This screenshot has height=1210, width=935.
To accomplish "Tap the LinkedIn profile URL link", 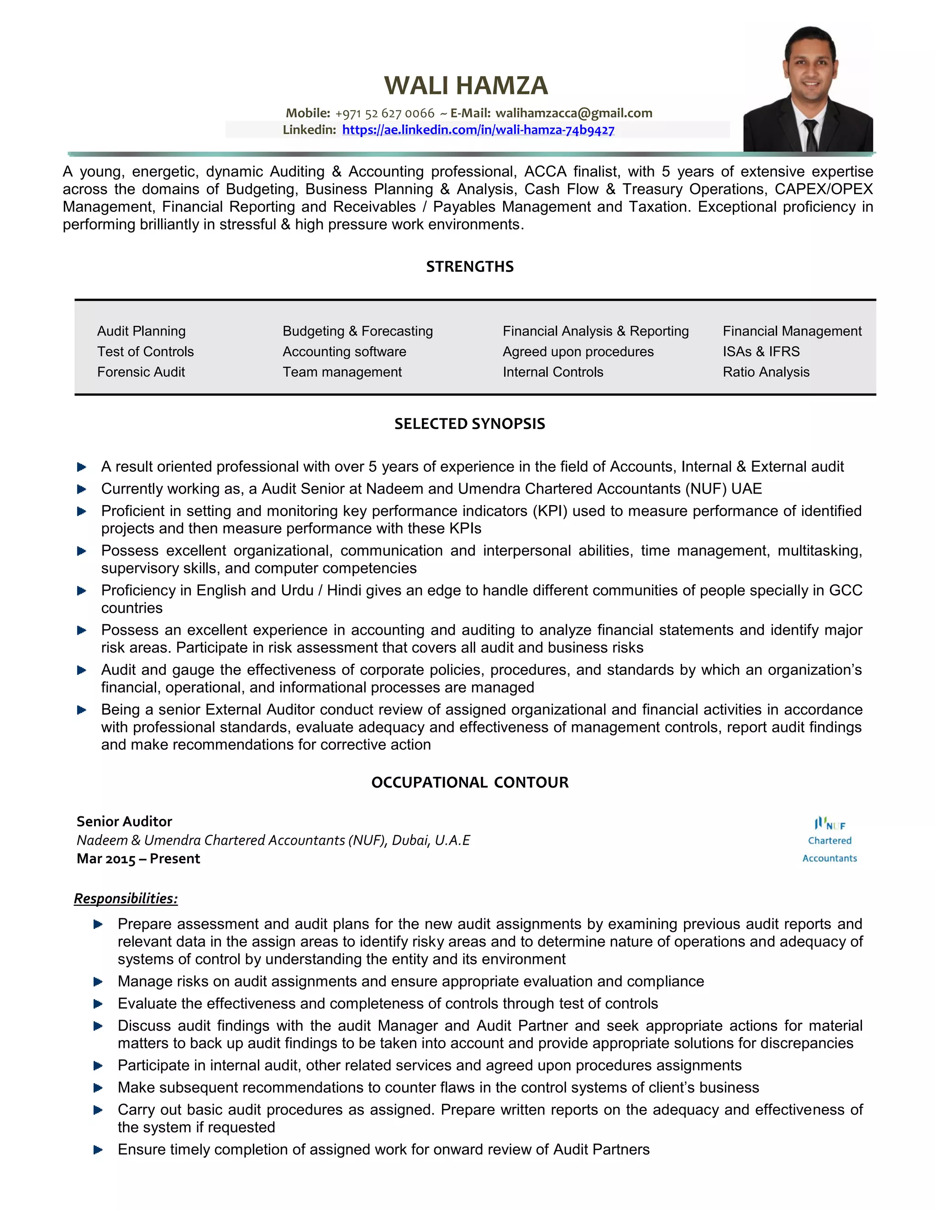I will (478, 130).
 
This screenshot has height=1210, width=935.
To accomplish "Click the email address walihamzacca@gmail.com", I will (573, 113).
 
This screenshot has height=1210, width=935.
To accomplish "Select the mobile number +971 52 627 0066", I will (384, 114).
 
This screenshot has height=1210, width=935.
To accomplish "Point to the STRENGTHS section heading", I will (470, 267).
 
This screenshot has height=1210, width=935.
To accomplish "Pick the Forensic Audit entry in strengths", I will (141, 372).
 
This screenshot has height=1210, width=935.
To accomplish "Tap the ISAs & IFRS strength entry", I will (761, 351).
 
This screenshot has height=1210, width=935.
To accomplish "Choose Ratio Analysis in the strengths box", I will (766, 372).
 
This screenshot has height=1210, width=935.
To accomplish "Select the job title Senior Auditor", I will (124, 821).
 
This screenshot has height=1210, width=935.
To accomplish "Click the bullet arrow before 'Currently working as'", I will (81, 489).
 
